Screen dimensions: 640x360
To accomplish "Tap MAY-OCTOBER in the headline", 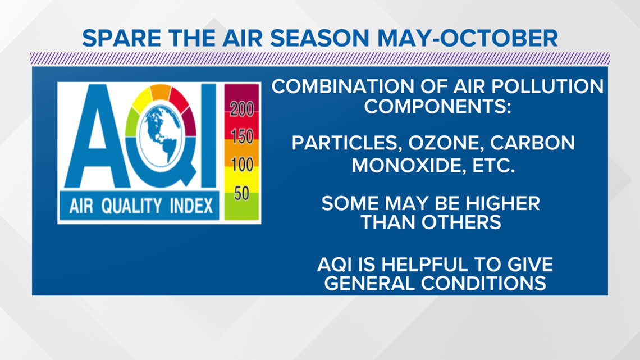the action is pos(467,38).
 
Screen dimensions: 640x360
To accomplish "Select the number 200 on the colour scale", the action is pos(241,109).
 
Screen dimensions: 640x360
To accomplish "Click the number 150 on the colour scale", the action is pos(242,136).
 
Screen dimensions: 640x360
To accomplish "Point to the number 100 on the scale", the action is pos(242,165).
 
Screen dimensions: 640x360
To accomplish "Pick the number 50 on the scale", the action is pos(241,193).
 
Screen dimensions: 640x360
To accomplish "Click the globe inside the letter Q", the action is pos(161,135).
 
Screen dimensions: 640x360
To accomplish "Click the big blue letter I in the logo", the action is pos(208,135).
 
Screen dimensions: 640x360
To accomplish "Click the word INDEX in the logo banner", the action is pos(191,206).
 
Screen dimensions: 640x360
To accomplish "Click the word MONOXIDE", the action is pos(408,166).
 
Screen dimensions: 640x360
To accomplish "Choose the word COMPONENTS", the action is pos(437,107).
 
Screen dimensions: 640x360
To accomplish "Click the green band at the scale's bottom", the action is pos(241,207).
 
